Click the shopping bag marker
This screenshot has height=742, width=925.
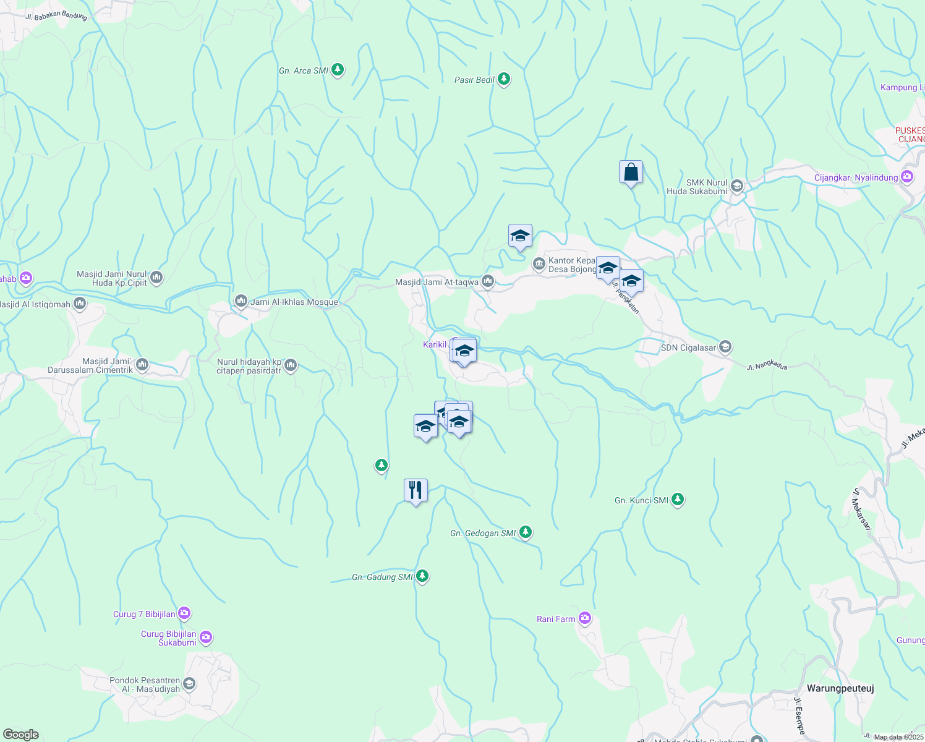coord(631,173)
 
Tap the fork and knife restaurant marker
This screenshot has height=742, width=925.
coord(416,490)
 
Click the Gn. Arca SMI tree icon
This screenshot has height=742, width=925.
coord(338,70)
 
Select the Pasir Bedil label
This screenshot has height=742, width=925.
coord(474,80)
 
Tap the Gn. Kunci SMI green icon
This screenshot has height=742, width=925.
coord(678,499)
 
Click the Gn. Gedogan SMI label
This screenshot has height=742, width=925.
coord(482,533)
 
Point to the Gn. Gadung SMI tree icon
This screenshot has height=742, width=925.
coord(422,576)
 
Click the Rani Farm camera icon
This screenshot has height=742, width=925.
coord(585,618)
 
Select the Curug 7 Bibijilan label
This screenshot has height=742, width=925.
coord(144,614)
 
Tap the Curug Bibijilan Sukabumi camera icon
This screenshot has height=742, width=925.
coord(206,636)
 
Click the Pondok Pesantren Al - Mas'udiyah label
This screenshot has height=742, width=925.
coord(145,684)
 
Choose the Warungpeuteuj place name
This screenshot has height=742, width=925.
coord(840,688)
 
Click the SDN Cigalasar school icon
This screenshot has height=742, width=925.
coord(725,347)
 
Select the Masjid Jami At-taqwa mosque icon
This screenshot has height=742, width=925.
coord(488,281)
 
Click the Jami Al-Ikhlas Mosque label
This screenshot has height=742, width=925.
coord(294,302)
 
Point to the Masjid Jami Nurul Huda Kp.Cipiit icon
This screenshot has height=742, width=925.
coord(156,278)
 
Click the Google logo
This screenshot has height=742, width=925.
coord(20,734)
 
